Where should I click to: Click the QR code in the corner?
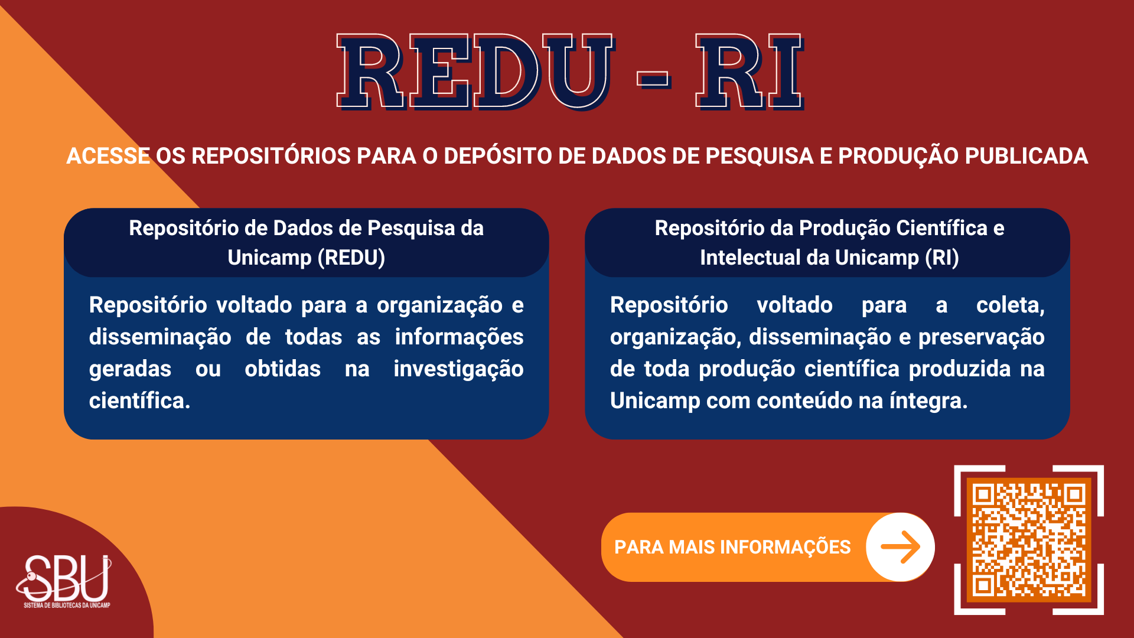[1029, 540]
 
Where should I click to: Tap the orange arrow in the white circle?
[901, 547]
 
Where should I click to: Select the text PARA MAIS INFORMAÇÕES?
[732, 547]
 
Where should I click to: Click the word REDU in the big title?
[476, 71]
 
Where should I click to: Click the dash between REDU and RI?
[654, 79]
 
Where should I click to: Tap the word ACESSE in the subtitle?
[108, 156]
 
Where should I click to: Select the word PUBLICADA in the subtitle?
[1026, 156]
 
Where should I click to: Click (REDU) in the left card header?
[351, 258]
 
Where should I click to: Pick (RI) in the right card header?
[942, 258]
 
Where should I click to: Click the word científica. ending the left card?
[140, 401]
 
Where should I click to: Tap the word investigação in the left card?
[459, 370]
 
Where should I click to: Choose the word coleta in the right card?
[1010, 306]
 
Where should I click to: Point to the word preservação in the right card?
[982, 338]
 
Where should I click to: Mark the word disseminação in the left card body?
[160, 338]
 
